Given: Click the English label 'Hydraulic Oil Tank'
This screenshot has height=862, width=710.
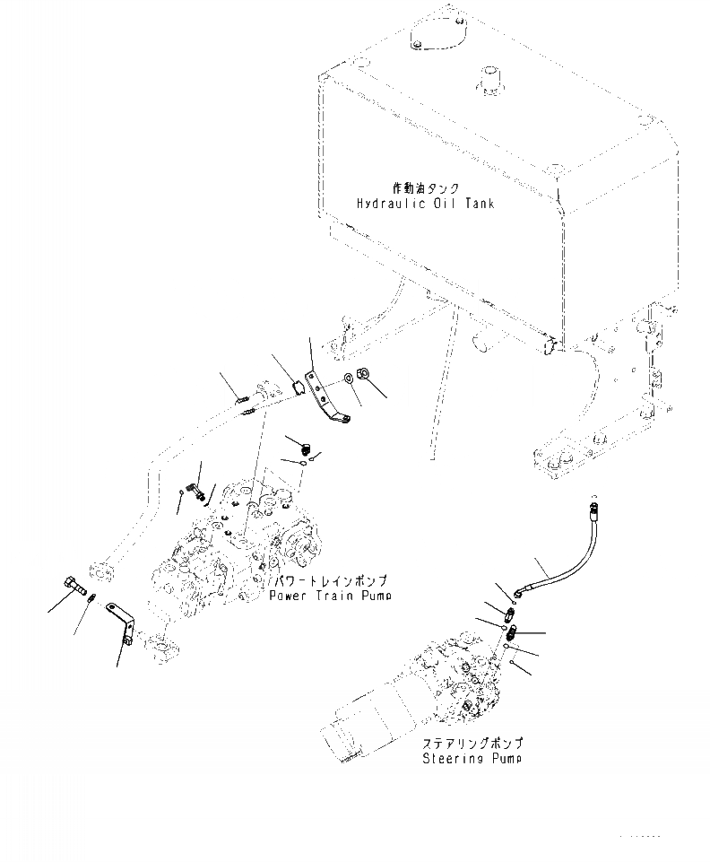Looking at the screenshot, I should pyautogui.click(x=424, y=204).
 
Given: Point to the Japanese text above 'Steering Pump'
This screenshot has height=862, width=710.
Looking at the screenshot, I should pyautogui.click(x=472, y=744).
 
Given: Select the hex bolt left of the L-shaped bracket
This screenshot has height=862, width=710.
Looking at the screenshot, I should pyautogui.click(x=74, y=589).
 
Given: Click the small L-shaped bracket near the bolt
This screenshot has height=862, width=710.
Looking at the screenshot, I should pyautogui.click(x=119, y=621).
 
